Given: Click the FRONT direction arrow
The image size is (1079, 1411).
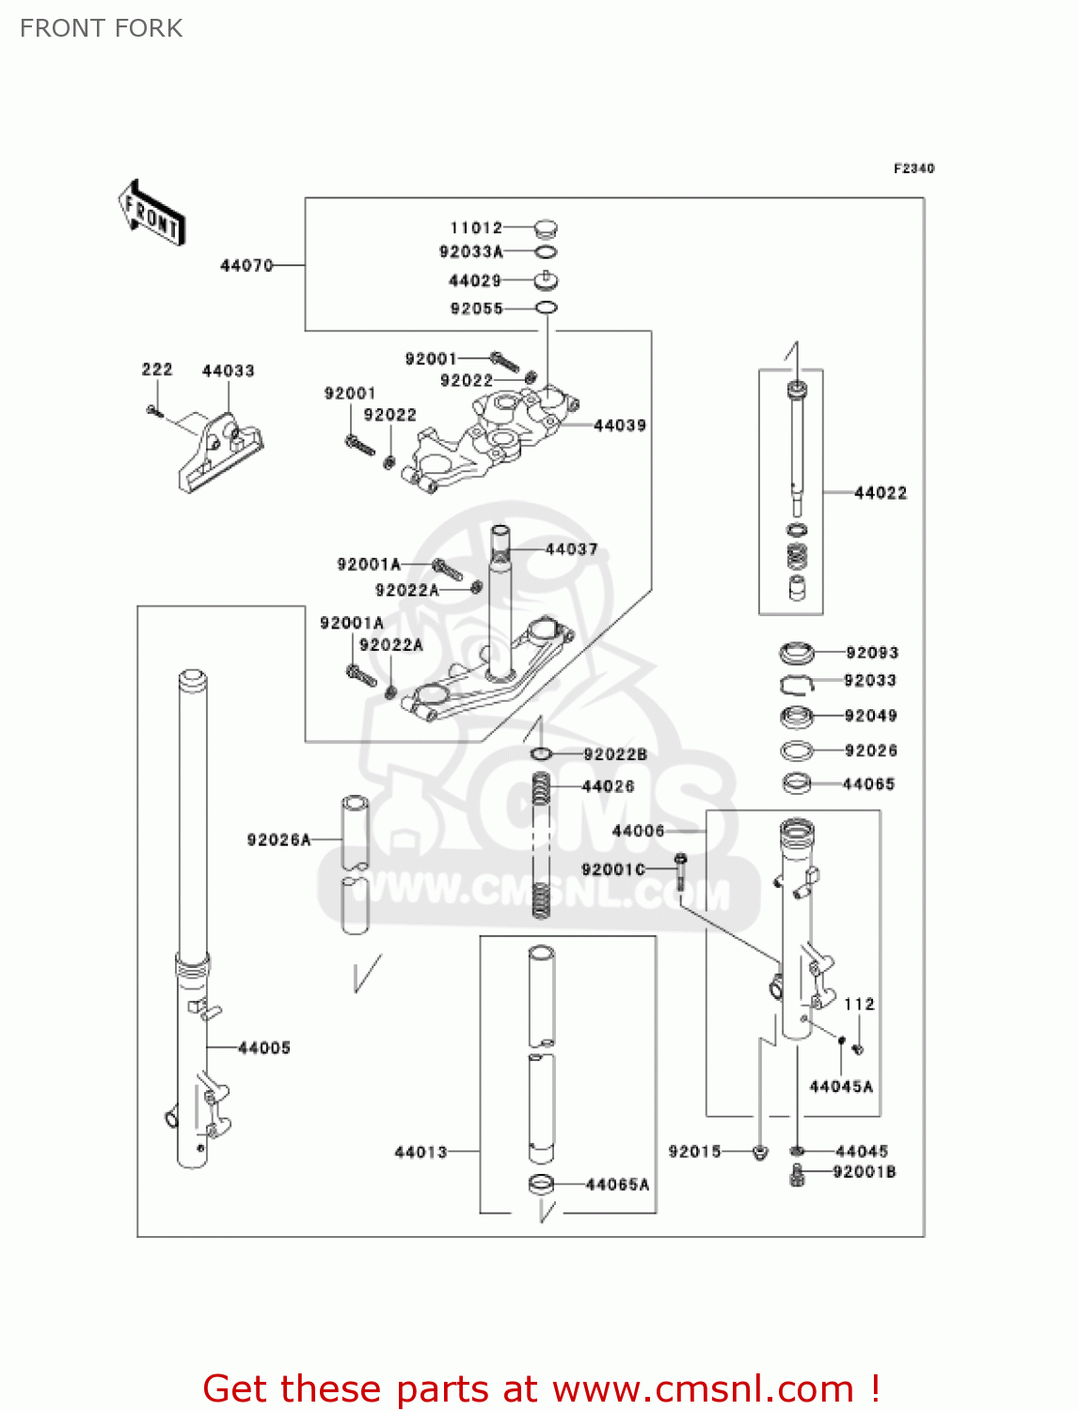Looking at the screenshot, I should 151,214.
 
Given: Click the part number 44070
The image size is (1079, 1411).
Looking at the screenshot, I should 246,266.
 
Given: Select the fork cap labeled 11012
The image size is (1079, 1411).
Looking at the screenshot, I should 545,228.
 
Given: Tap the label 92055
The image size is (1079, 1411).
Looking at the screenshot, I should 476,309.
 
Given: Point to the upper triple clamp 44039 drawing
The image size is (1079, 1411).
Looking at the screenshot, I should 489,437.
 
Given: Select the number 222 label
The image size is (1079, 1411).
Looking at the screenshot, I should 157,370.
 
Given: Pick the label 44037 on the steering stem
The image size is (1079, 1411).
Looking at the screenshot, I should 571,549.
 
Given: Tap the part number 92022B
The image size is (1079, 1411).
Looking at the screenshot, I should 615,754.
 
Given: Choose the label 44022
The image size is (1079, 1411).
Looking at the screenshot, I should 880,493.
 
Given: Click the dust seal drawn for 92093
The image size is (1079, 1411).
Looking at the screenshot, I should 797,652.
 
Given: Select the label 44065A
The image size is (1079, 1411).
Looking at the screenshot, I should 617,1184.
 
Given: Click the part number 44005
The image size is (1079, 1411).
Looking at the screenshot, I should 264,1048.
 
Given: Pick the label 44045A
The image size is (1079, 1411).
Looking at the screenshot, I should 841,1086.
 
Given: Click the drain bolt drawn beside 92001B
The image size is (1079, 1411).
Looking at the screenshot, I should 798,1175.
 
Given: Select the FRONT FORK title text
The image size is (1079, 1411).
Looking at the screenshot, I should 102,28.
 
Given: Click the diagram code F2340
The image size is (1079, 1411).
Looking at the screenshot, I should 913,168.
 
